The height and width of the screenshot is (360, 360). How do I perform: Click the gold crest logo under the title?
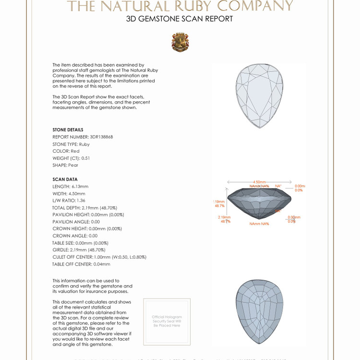(x=180, y=42)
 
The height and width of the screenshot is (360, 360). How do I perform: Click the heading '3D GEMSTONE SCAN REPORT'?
(x=180, y=19)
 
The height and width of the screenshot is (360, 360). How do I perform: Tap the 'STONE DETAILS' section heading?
(x=68, y=130)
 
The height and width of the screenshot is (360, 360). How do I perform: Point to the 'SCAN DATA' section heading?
(x=65, y=179)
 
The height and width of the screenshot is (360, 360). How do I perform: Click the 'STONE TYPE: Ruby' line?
(x=71, y=144)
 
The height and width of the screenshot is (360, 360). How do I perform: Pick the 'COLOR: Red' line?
(x=66, y=151)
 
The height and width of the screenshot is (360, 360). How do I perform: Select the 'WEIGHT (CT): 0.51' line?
(x=71, y=158)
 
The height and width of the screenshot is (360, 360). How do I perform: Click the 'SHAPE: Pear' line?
(x=65, y=165)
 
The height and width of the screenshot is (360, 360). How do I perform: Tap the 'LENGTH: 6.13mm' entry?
(x=70, y=186)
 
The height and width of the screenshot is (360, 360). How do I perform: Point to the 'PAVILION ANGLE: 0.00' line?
(x=76, y=222)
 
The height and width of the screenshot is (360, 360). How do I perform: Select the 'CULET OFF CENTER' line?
(x=99, y=257)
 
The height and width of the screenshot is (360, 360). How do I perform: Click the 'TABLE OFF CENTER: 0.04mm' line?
(x=81, y=264)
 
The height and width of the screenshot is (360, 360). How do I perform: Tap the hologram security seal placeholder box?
(x=167, y=321)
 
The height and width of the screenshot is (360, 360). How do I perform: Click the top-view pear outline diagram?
(x=260, y=96)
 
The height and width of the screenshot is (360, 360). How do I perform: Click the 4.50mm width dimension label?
(x=259, y=182)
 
